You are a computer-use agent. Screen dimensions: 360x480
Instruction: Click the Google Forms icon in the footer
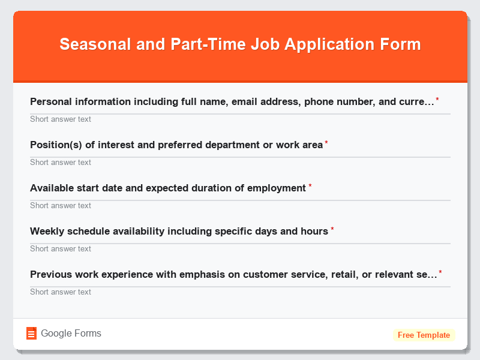[32, 334]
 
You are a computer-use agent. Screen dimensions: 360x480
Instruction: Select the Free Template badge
[424, 335]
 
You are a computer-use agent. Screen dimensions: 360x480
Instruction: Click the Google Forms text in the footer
[71, 334]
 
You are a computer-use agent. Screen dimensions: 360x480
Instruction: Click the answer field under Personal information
[240, 119]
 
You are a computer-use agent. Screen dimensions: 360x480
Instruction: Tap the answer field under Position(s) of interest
[240, 162]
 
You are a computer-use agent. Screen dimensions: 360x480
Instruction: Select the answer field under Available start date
[240, 205]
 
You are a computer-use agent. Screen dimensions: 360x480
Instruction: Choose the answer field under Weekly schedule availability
[240, 248]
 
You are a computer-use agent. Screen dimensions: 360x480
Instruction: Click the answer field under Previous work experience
[240, 292]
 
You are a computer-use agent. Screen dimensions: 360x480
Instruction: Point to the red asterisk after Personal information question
[437, 100]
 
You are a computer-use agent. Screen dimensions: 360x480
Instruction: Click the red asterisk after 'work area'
[326, 143]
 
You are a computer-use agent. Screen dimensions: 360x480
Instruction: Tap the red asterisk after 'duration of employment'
[310, 186]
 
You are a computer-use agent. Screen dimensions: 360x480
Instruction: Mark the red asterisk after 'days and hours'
[332, 229]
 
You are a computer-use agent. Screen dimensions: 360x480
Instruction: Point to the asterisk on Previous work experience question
[440, 272]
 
